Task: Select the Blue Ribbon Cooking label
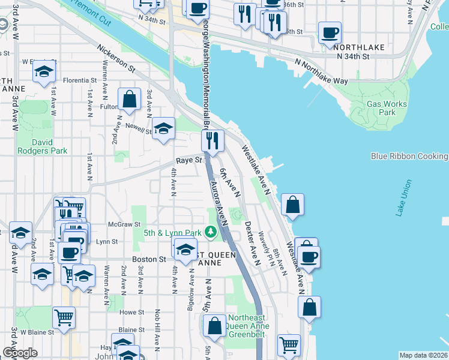coord(409,156)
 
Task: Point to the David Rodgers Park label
coord(42,147)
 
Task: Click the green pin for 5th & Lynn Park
coord(210,232)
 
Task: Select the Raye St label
coord(187,161)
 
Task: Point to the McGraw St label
coord(119,224)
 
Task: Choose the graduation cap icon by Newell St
coord(163,128)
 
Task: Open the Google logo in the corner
coord(20,353)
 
